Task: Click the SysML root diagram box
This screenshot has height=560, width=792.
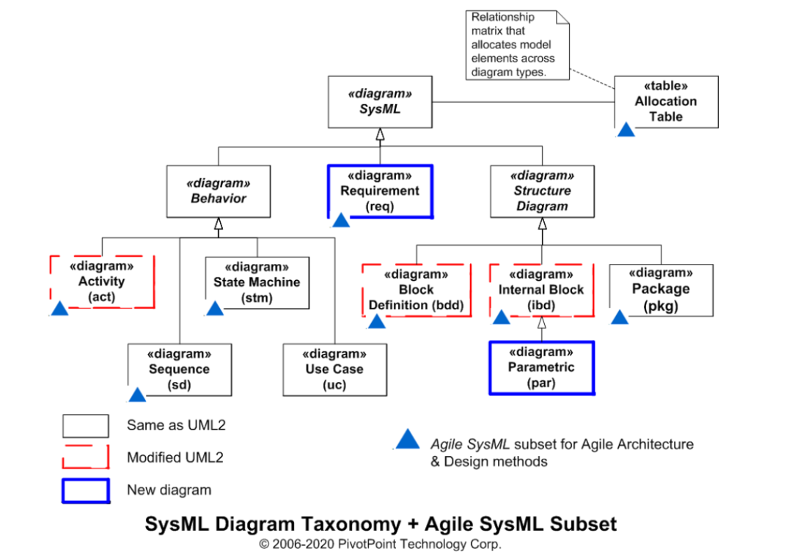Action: point(380,102)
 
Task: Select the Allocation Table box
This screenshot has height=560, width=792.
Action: point(666,102)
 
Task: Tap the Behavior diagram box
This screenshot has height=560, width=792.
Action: point(219,191)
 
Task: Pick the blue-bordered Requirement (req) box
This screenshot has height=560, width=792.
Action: point(381,191)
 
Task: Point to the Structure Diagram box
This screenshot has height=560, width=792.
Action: point(542,191)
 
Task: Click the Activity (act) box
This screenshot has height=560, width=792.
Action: point(102,281)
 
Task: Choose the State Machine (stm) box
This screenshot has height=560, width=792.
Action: point(257,283)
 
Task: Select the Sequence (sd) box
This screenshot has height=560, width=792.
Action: point(180,369)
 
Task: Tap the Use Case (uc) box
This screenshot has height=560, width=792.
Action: point(335,369)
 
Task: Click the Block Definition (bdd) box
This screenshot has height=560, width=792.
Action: point(417,290)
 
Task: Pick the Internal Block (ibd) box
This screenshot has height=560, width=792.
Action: point(541,290)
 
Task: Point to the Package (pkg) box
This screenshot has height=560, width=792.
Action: point(661,290)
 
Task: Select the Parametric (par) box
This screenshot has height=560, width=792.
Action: point(541,368)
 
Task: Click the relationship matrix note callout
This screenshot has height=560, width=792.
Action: point(517,45)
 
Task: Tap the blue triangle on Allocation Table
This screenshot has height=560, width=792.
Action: point(626,130)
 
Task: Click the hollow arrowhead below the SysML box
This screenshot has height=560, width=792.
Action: point(380,134)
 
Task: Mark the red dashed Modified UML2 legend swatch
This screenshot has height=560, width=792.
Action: point(85,457)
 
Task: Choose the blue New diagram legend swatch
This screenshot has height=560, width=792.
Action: point(86,491)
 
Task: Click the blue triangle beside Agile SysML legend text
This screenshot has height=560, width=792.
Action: point(408,439)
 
